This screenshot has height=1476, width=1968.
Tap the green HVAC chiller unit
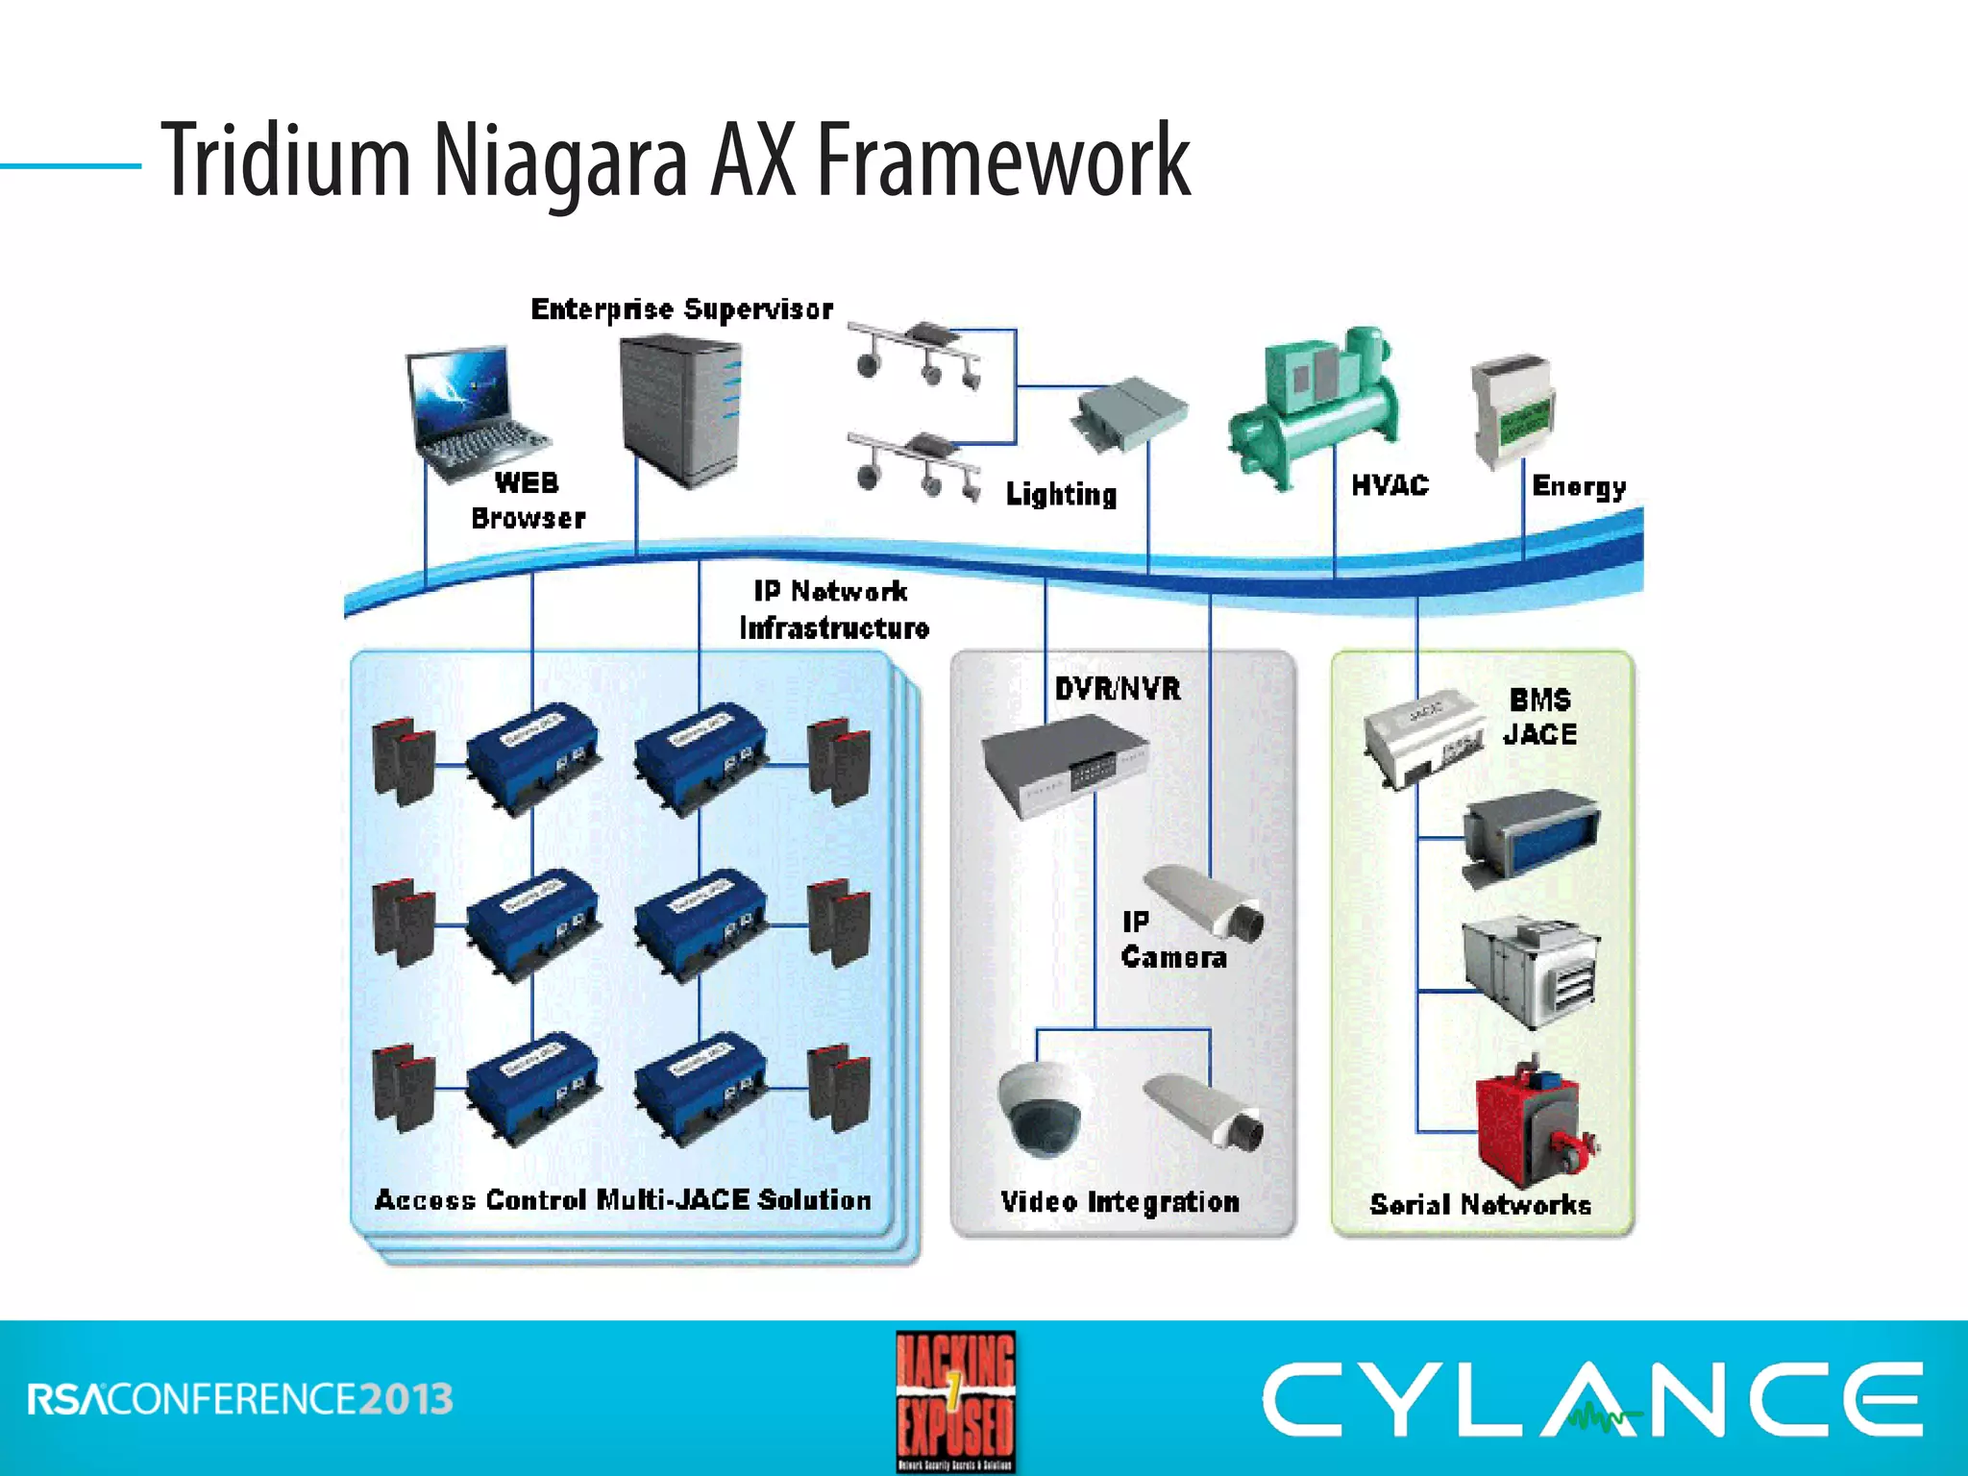(x=1315, y=408)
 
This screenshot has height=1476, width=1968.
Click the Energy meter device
(x=1512, y=411)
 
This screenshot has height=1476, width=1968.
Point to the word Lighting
(x=1061, y=494)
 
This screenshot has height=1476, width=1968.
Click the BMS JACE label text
(x=1539, y=717)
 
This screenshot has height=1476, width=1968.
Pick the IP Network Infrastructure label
(x=833, y=609)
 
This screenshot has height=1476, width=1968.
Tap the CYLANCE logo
(x=1592, y=1399)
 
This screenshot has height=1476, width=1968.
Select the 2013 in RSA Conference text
(x=406, y=1399)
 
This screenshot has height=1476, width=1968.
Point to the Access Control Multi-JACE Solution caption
(x=623, y=1200)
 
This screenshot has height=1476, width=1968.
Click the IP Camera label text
(x=1172, y=940)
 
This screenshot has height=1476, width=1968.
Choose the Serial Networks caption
(x=1480, y=1204)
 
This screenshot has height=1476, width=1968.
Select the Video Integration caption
(x=1120, y=1202)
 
